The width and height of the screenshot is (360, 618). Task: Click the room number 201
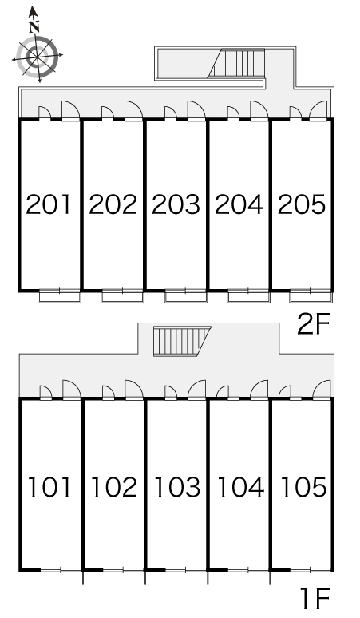tap(49, 204)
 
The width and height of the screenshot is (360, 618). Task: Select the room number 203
tap(176, 204)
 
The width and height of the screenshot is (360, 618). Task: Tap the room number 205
tap(302, 204)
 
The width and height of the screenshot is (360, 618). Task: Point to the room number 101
tap(49, 487)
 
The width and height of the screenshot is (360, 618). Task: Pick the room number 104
tap(240, 487)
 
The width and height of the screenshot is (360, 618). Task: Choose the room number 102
tap(114, 487)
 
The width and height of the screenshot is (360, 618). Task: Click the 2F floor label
tap(313, 323)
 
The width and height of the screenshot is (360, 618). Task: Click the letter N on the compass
tap(34, 26)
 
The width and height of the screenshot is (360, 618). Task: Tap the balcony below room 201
tap(60, 295)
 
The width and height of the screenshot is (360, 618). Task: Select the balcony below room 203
tap(185, 295)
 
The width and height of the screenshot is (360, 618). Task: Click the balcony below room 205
tap(310, 295)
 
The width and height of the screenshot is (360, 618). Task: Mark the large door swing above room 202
tap(133, 110)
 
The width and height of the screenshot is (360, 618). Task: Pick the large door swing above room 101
tap(71, 390)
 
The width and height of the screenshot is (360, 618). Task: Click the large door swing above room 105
tap(322, 390)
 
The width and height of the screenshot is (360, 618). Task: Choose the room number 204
tap(239, 204)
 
